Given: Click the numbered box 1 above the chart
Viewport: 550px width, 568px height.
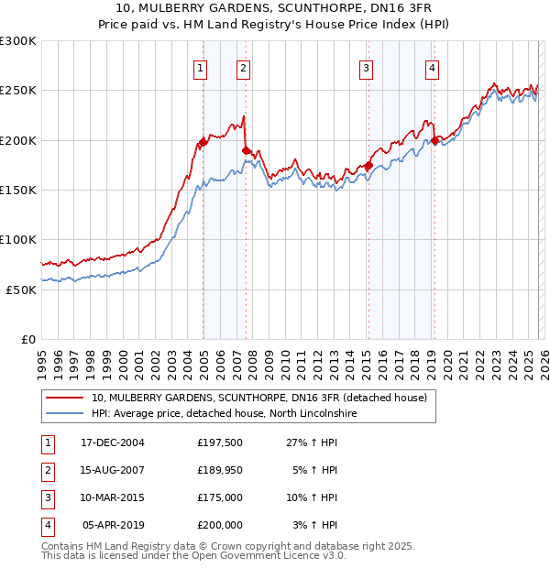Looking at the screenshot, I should coord(200,67).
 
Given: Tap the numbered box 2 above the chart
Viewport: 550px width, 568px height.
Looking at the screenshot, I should coord(243,67).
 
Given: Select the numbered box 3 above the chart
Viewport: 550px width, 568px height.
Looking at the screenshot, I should coord(366,67).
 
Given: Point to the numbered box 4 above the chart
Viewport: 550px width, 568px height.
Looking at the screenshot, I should coord(432,67).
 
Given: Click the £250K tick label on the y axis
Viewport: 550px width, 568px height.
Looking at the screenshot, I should coord(18,91).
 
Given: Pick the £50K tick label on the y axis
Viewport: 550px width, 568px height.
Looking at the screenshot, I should coord(21,289).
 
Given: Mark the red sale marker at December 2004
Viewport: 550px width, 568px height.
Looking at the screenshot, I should coord(203,143).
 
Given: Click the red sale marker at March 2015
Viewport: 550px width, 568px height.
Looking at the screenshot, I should coord(368,166).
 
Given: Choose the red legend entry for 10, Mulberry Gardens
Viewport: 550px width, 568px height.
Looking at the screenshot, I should coord(258,399).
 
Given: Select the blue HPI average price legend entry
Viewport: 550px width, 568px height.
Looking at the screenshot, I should coord(223,414).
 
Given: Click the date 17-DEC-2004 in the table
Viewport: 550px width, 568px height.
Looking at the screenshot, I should coord(113,442).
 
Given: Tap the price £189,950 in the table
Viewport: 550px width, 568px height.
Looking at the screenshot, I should coord(220,470).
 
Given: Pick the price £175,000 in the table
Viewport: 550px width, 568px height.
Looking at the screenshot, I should coord(220,497).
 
